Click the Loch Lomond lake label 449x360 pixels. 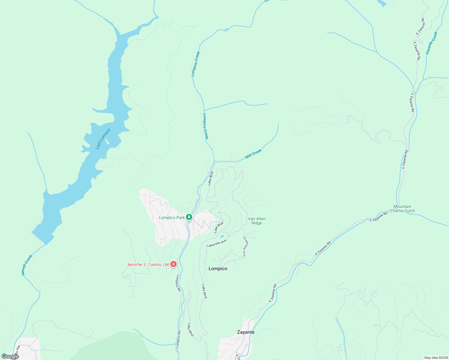pyautogui.click(x=103, y=139)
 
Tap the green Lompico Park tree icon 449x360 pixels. pyautogui.click(x=189, y=217)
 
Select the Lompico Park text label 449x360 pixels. pyautogui.click(x=172, y=217)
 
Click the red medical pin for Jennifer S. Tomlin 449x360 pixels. pyautogui.click(x=173, y=264)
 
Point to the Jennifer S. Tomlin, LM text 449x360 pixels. pyautogui.click(x=148, y=265)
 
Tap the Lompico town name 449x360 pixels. pyautogui.click(x=218, y=268)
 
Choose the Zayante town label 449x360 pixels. pyautogui.click(x=246, y=332)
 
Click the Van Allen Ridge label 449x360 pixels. pyautogui.click(x=257, y=221)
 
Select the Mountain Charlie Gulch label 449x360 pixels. pyautogui.click(x=402, y=208)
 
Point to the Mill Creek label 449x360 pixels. pyautogui.click(x=253, y=154)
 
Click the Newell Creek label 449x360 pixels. pyautogui.click(x=27, y=265)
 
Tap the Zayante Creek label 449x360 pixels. pyautogui.click(x=432, y=43)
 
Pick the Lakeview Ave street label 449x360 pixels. pyautogui.click(x=216, y=243)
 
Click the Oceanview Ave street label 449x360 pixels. pyautogui.click(x=245, y=246)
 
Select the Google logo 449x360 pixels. pyautogui.click(x=10, y=356)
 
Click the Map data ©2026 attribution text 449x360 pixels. pyautogui.click(x=436, y=358)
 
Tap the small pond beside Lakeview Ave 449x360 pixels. pyautogui.click(x=222, y=236)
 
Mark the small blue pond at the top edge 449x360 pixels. pyautogui.click(x=381, y=3)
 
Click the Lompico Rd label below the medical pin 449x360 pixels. pyautogui.click(x=178, y=283)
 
